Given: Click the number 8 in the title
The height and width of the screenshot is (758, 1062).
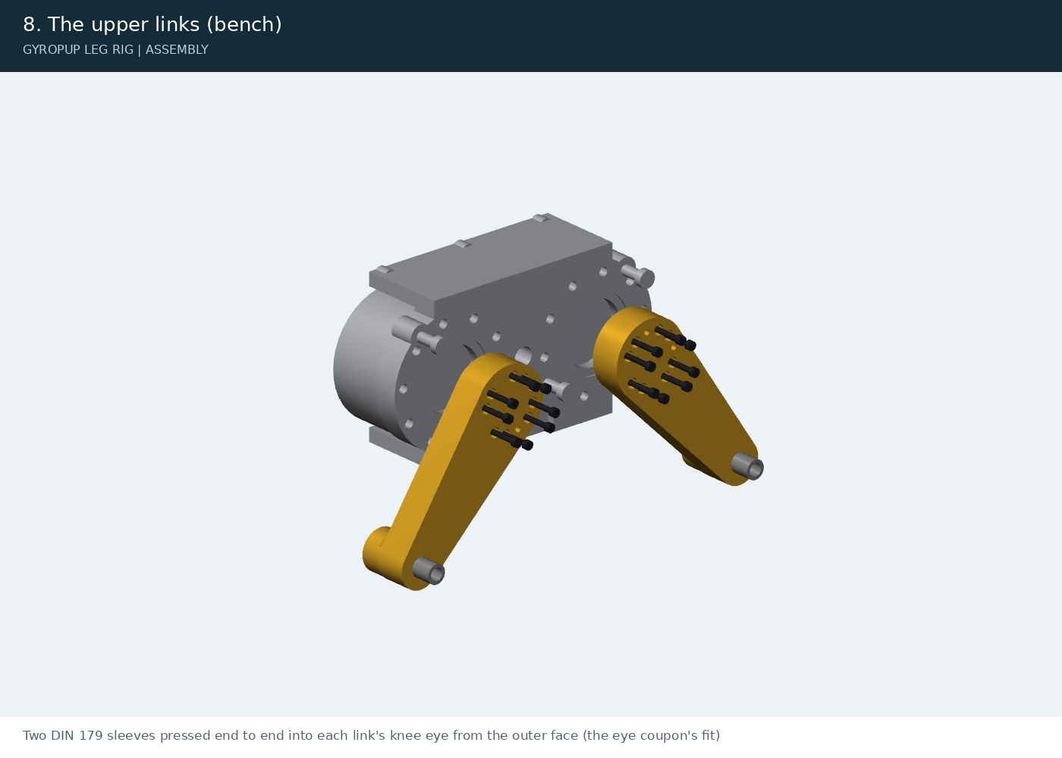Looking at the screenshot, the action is tap(29, 24).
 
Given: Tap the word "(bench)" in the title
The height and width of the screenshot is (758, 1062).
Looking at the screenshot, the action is tap(244, 24).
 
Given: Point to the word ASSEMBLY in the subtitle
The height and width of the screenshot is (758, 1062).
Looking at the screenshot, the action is tap(177, 50).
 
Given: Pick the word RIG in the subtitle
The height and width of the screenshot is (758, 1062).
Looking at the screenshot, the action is tap(123, 50).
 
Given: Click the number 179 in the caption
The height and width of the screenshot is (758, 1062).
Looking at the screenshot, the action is tap(90, 736).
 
